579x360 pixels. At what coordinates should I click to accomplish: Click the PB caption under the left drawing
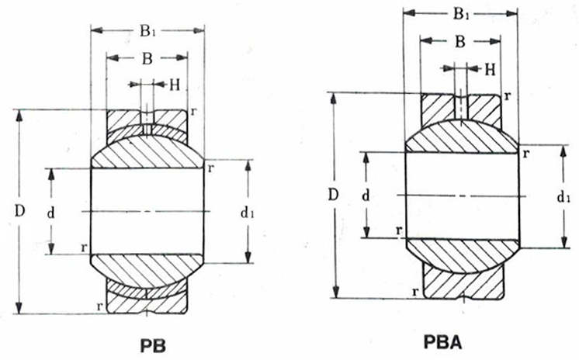153,345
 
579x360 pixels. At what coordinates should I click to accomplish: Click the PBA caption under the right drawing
442,342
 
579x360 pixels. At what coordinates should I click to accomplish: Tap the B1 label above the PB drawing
147,31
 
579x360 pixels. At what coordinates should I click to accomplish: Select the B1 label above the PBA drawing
461,14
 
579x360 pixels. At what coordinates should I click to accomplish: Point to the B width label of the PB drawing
147,58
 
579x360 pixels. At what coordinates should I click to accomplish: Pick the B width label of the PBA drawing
460,41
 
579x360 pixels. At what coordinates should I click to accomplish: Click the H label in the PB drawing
175,85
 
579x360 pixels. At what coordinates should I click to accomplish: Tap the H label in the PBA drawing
490,69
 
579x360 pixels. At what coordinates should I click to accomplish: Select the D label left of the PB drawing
19,211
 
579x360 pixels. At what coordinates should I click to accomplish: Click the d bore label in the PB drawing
50,213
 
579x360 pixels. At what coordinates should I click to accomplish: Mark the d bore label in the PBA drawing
366,196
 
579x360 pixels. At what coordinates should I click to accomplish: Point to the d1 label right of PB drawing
247,213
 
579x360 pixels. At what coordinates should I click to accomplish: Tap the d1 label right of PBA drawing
563,198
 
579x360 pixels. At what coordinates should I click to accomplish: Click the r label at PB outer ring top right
192,112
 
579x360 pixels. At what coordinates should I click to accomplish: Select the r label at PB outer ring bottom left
99,306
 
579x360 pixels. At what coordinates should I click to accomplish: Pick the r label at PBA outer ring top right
508,96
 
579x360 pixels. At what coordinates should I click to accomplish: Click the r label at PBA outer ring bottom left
415,292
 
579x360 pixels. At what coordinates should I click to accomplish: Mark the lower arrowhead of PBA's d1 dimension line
564,242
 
